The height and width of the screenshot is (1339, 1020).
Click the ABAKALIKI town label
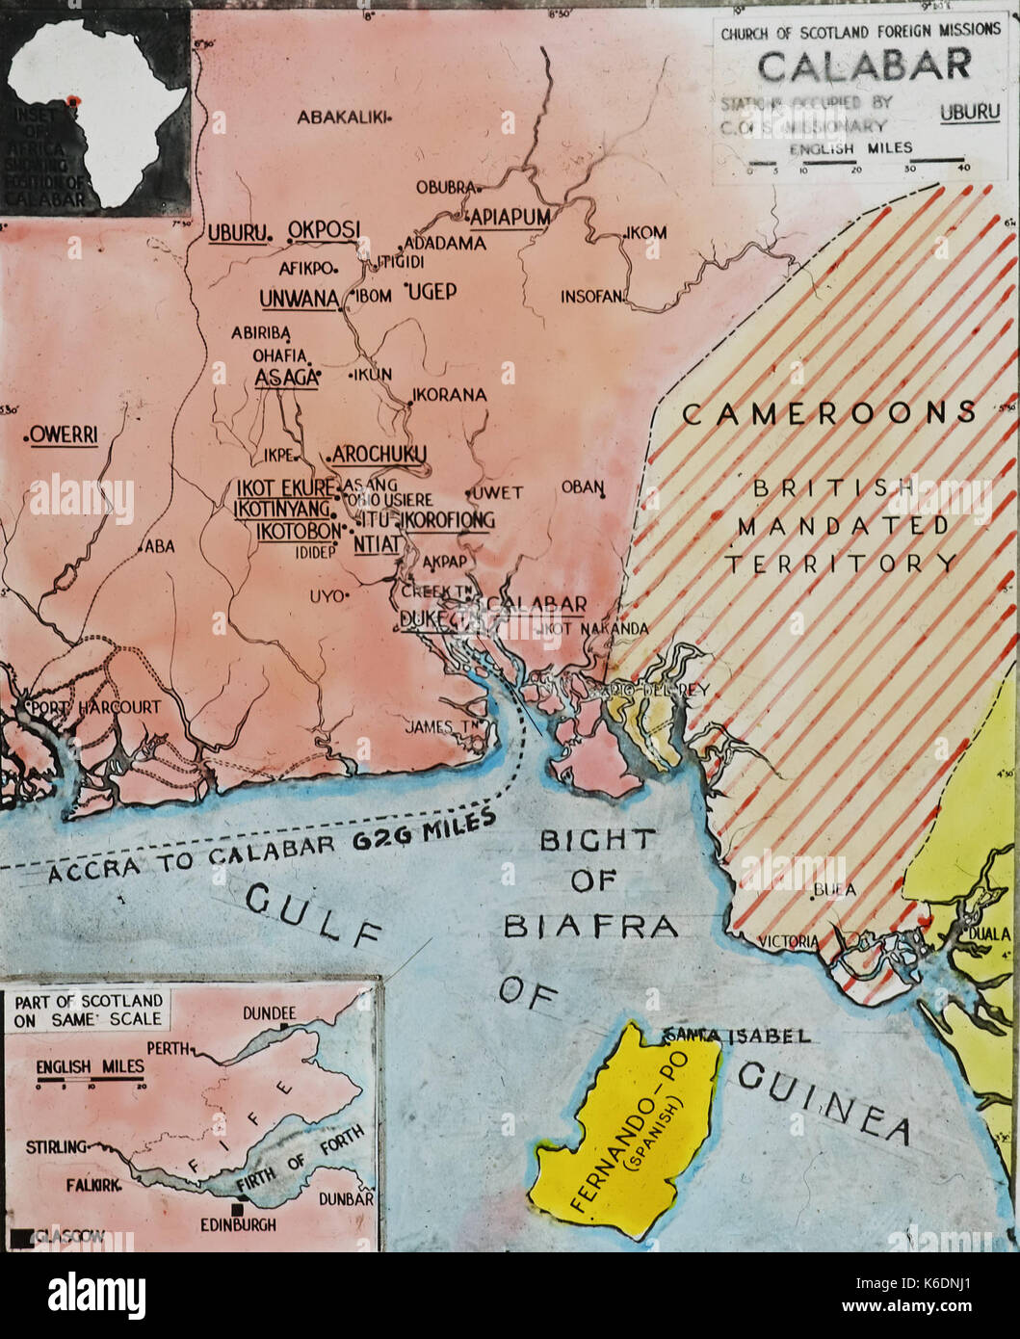tap(341, 118)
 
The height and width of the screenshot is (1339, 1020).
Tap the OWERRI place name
tap(63, 435)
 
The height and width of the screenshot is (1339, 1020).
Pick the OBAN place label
tap(582, 487)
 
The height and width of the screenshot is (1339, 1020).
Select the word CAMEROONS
tap(829, 413)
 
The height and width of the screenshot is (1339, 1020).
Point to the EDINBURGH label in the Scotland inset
tap(238, 1224)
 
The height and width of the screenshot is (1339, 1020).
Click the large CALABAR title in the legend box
tap(864, 65)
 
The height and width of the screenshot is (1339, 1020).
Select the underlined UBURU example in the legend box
tap(969, 112)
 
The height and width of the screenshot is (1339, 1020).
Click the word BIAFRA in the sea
tap(590, 926)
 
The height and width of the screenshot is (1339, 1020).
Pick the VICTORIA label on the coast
tap(788, 940)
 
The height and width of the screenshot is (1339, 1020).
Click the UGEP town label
tap(432, 291)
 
